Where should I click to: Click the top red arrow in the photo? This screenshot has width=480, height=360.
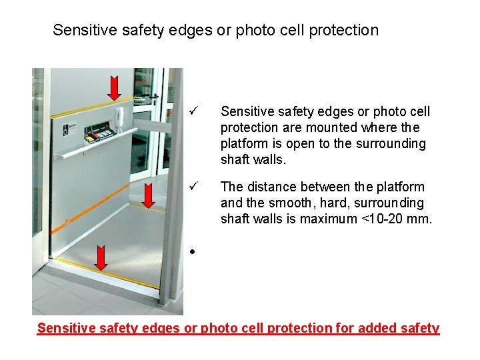tap(114, 87)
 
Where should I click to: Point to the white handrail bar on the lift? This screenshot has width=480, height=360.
tap(100, 150)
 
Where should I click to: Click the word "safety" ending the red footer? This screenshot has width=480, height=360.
tap(421, 328)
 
